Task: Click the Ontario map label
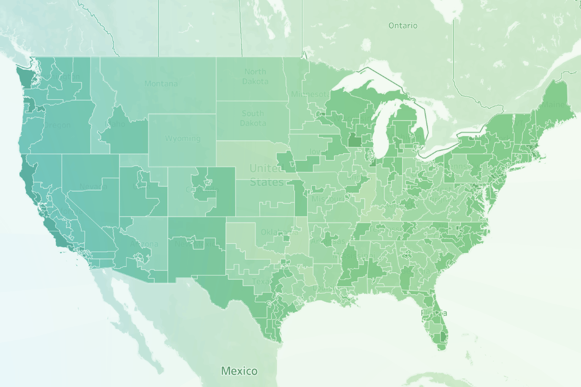pos(403,26)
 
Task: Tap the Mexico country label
pos(239,371)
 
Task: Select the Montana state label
pos(161,83)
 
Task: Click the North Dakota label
pos(255,76)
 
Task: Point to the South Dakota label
pos(253,118)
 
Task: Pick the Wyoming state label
pos(182,138)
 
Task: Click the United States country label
pos(266,175)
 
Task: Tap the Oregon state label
pos(57,125)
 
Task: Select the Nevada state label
pos(93,187)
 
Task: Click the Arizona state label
pos(144,244)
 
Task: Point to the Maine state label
pos(553,105)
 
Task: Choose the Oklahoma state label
pos(279,232)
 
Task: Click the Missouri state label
pos(328,199)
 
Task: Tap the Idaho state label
pos(115,124)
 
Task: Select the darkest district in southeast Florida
pos(443,337)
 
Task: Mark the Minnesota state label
pos(310,94)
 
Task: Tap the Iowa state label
pos(318,151)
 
